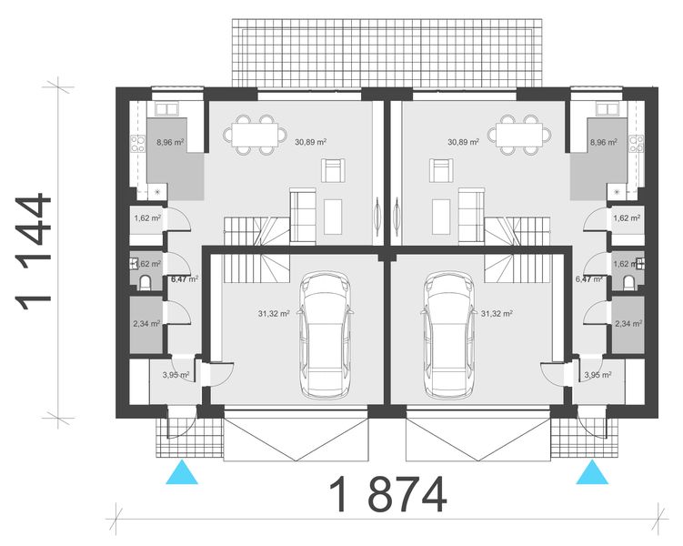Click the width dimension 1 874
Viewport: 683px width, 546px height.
point(388,496)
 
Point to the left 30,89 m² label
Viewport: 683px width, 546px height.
point(310,142)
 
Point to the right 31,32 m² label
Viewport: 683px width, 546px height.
point(497,313)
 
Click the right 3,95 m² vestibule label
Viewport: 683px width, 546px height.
point(598,374)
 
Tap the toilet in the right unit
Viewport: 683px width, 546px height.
point(629,280)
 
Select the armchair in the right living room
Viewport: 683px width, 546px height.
point(442,169)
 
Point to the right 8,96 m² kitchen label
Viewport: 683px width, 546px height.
point(603,143)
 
